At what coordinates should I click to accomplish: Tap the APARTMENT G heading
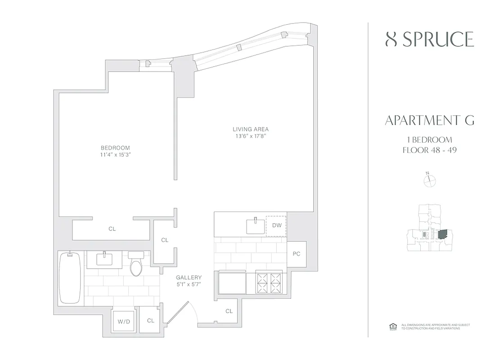coord(429,120)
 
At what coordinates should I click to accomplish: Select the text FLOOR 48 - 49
coord(429,150)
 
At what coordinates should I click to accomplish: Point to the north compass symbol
coord(430,180)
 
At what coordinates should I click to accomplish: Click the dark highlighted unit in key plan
coord(443,235)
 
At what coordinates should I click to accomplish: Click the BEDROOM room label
coord(115,148)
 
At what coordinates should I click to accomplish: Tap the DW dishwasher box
coord(276,225)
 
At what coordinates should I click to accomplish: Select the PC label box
coord(297,254)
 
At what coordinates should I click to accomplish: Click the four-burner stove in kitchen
coord(269,282)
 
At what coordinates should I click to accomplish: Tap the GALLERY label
coord(189,277)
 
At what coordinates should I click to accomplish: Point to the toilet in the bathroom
coord(136,265)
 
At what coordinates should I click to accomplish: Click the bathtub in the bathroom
coord(70,279)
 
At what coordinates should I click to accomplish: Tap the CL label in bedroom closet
coord(112,229)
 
